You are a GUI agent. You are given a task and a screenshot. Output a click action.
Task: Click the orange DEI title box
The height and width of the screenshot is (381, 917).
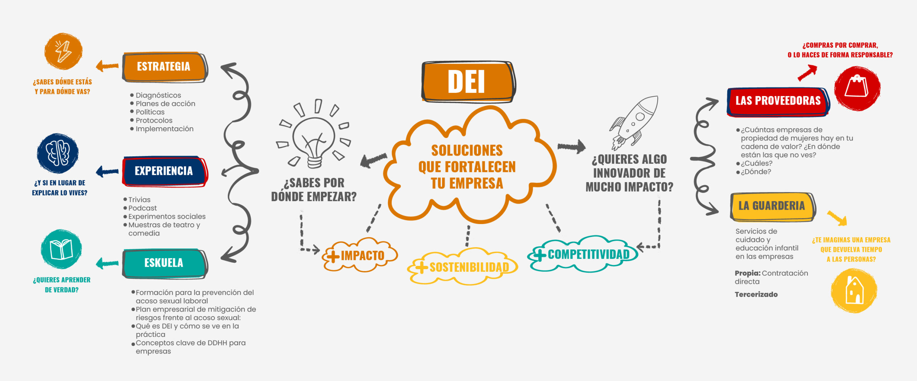467,82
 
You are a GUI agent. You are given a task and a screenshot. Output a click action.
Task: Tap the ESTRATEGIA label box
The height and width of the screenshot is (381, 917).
164,67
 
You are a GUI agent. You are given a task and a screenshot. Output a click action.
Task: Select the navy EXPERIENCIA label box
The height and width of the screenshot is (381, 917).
164,171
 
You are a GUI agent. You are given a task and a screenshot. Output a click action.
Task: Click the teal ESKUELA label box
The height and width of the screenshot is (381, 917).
164,263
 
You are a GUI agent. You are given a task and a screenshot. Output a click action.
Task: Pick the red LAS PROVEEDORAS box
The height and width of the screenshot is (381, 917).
778,101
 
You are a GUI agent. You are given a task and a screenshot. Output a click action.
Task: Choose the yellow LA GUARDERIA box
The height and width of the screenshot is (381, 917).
772,206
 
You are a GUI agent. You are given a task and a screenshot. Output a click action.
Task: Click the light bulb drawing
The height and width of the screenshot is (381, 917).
314,138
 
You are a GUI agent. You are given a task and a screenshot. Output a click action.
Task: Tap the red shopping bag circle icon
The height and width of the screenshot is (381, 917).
857,88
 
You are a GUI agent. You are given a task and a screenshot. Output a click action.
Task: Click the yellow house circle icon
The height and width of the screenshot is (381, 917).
854,290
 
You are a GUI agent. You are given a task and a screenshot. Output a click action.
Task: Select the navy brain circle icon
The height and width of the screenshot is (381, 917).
58,153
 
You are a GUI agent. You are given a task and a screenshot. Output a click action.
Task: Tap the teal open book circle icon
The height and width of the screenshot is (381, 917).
61,249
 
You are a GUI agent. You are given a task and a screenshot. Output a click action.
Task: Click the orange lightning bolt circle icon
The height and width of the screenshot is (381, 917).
63,51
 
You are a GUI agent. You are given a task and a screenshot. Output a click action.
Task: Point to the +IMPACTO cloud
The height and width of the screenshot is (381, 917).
360,255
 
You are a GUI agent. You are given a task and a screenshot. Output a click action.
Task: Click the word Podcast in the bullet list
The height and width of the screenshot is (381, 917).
143,208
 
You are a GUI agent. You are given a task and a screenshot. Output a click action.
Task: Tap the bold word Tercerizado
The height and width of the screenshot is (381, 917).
756,295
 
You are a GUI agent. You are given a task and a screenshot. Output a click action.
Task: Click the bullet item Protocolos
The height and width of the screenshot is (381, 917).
154,120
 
